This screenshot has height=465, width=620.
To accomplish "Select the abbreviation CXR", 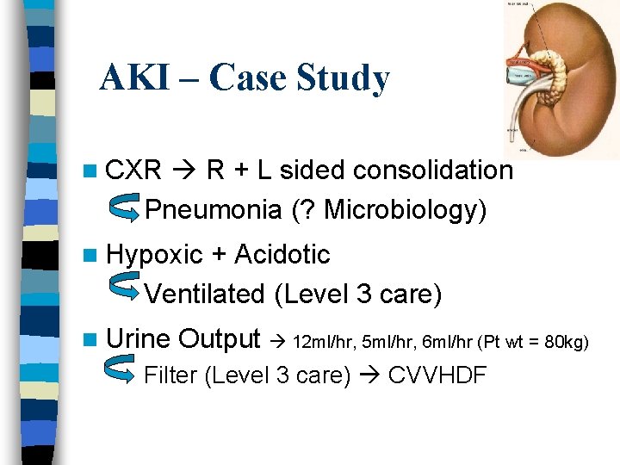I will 133,170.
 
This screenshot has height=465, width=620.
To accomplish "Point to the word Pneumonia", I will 213,209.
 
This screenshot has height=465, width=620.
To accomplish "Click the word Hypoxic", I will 154,255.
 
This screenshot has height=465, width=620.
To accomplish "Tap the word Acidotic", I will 282,255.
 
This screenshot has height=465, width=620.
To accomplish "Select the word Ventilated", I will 205,294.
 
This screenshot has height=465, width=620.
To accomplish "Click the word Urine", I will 139,338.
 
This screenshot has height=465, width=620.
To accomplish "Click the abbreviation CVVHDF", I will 438,376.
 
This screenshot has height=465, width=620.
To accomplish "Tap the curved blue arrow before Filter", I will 116,370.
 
